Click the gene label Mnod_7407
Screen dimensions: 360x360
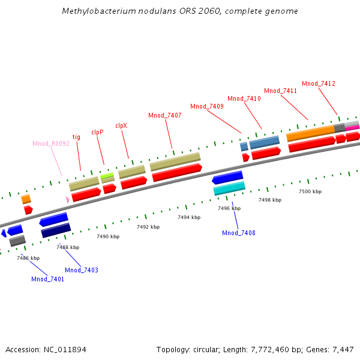[x=164, y=115]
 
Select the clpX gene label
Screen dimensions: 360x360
[x=121, y=125]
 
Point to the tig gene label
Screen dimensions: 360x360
[x=76, y=137]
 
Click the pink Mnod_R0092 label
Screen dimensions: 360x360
[x=51, y=143]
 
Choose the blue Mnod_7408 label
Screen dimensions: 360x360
[x=239, y=233]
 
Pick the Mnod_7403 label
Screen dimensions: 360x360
[x=82, y=270]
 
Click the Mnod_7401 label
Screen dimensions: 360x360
[x=47, y=279]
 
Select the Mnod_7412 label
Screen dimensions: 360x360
[x=319, y=83]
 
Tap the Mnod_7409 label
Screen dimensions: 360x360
[x=207, y=106]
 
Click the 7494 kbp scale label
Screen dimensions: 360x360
[x=188, y=218]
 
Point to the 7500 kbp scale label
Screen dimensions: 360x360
[x=310, y=191]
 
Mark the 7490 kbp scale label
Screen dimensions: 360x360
[x=108, y=237]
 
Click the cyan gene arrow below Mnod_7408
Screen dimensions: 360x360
[x=229, y=189]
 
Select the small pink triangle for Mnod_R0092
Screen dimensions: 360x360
[x=67, y=199]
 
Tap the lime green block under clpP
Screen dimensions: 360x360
[x=107, y=176]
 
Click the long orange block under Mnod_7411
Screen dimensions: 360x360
[x=310, y=133]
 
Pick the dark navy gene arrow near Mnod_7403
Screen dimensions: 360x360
[x=56, y=230]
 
